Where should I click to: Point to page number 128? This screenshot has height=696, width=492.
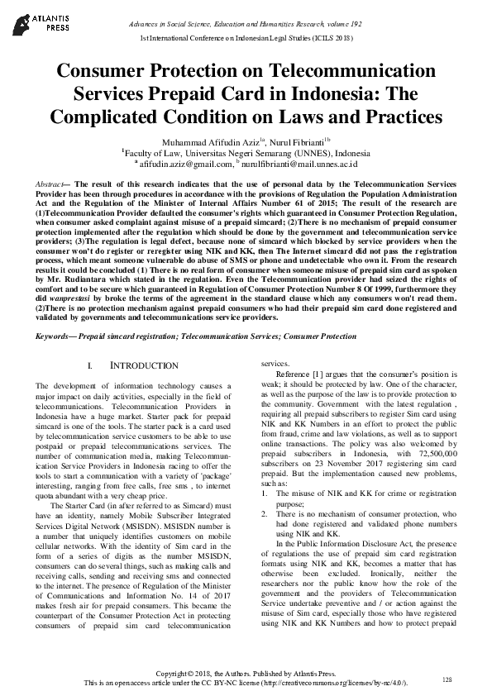pos(447,679)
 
